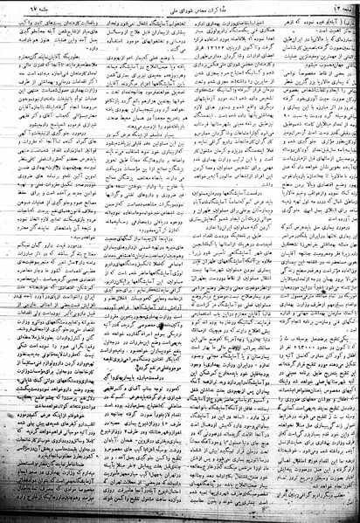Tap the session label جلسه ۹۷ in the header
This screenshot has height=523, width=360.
45,9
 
